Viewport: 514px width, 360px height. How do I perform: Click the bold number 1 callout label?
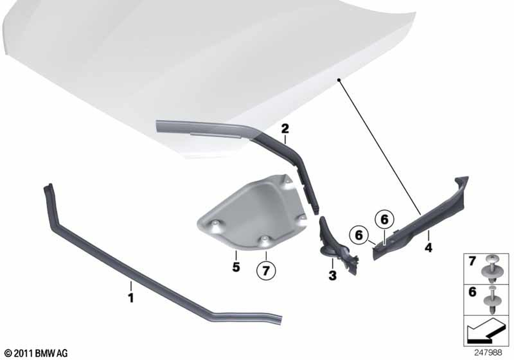(131, 298)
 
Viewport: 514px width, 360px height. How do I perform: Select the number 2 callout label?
(285, 129)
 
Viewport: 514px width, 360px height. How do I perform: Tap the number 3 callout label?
(333, 276)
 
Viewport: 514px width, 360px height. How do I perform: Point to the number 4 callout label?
(429, 247)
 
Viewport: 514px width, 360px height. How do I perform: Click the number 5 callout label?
(236, 267)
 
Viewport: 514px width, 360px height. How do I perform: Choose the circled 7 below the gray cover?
(266, 271)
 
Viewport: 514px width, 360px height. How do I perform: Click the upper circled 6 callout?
(384, 220)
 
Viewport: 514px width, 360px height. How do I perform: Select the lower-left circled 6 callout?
(359, 235)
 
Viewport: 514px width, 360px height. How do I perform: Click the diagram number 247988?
(488, 353)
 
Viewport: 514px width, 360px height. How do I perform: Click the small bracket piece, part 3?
(336, 245)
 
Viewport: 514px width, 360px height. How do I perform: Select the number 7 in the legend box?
(472, 261)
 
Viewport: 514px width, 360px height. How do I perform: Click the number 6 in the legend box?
(472, 292)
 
